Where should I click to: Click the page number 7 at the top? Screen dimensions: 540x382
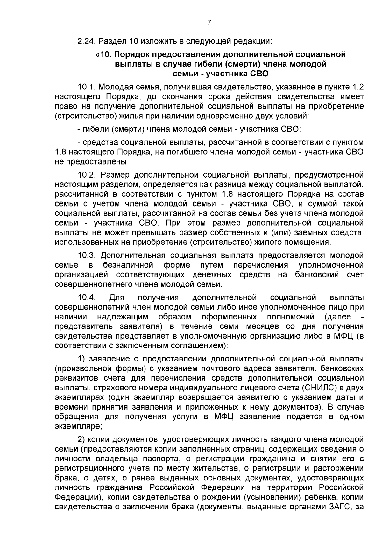pyautogui.click(x=209, y=23)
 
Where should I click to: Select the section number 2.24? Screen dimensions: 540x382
pyautogui.click(x=87, y=41)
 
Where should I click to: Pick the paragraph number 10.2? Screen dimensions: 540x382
pyautogui.click(x=87, y=175)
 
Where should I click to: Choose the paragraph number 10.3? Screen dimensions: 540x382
pyautogui.click(x=87, y=255)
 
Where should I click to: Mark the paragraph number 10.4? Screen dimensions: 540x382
pyautogui.click(x=87, y=298)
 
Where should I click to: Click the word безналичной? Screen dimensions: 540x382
pyautogui.click(x=128, y=265)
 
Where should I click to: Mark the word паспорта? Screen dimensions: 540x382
pyautogui.click(x=166, y=459)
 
